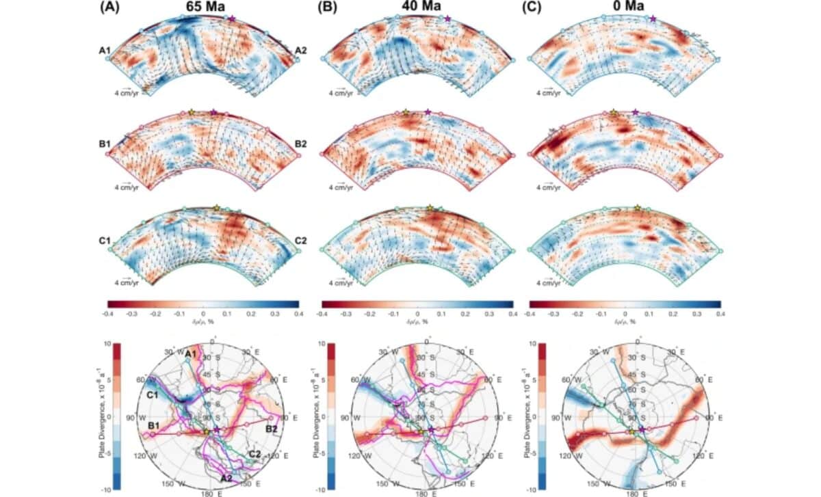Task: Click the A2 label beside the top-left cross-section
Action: [301, 51]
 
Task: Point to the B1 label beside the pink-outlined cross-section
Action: [106, 145]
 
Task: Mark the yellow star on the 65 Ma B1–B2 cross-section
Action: [191, 112]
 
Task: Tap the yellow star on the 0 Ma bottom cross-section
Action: [638, 207]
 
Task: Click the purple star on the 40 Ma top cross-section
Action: [447, 18]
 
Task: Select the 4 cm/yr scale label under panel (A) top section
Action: [128, 93]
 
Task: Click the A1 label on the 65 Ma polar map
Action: [191, 353]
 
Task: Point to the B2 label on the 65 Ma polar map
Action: [272, 429]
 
